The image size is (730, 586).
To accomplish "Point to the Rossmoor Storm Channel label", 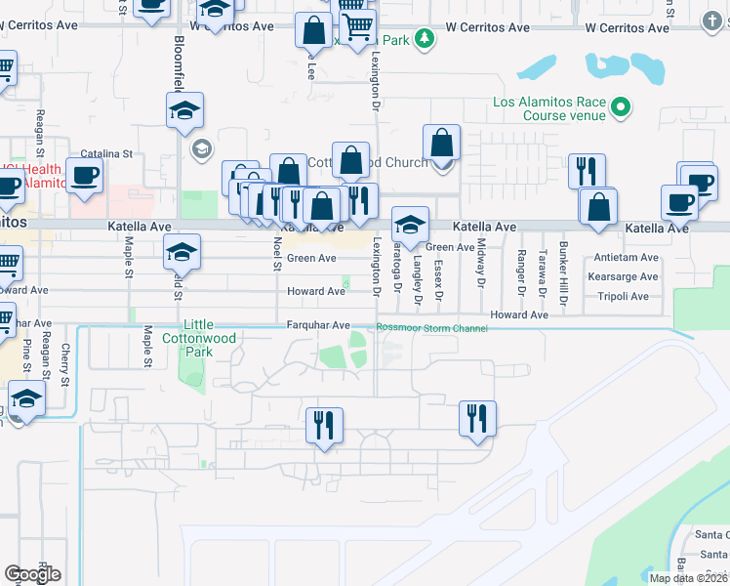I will click(x=432, y=328).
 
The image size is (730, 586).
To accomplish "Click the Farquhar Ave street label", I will click(x=317, y=324).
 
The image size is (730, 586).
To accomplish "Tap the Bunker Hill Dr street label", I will click(x=563, y=262).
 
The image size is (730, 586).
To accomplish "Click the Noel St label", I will click(x=277, y=256).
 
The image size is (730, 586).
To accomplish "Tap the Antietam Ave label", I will click(x=626, y=258).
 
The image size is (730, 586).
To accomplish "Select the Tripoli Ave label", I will click(x=626, y=295).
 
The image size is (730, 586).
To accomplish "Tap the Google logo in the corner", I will click(x=32, y=573).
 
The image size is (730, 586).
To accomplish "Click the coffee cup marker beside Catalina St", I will click(x=84, y=176).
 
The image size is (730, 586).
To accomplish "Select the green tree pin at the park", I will click(x=425, y=39).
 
